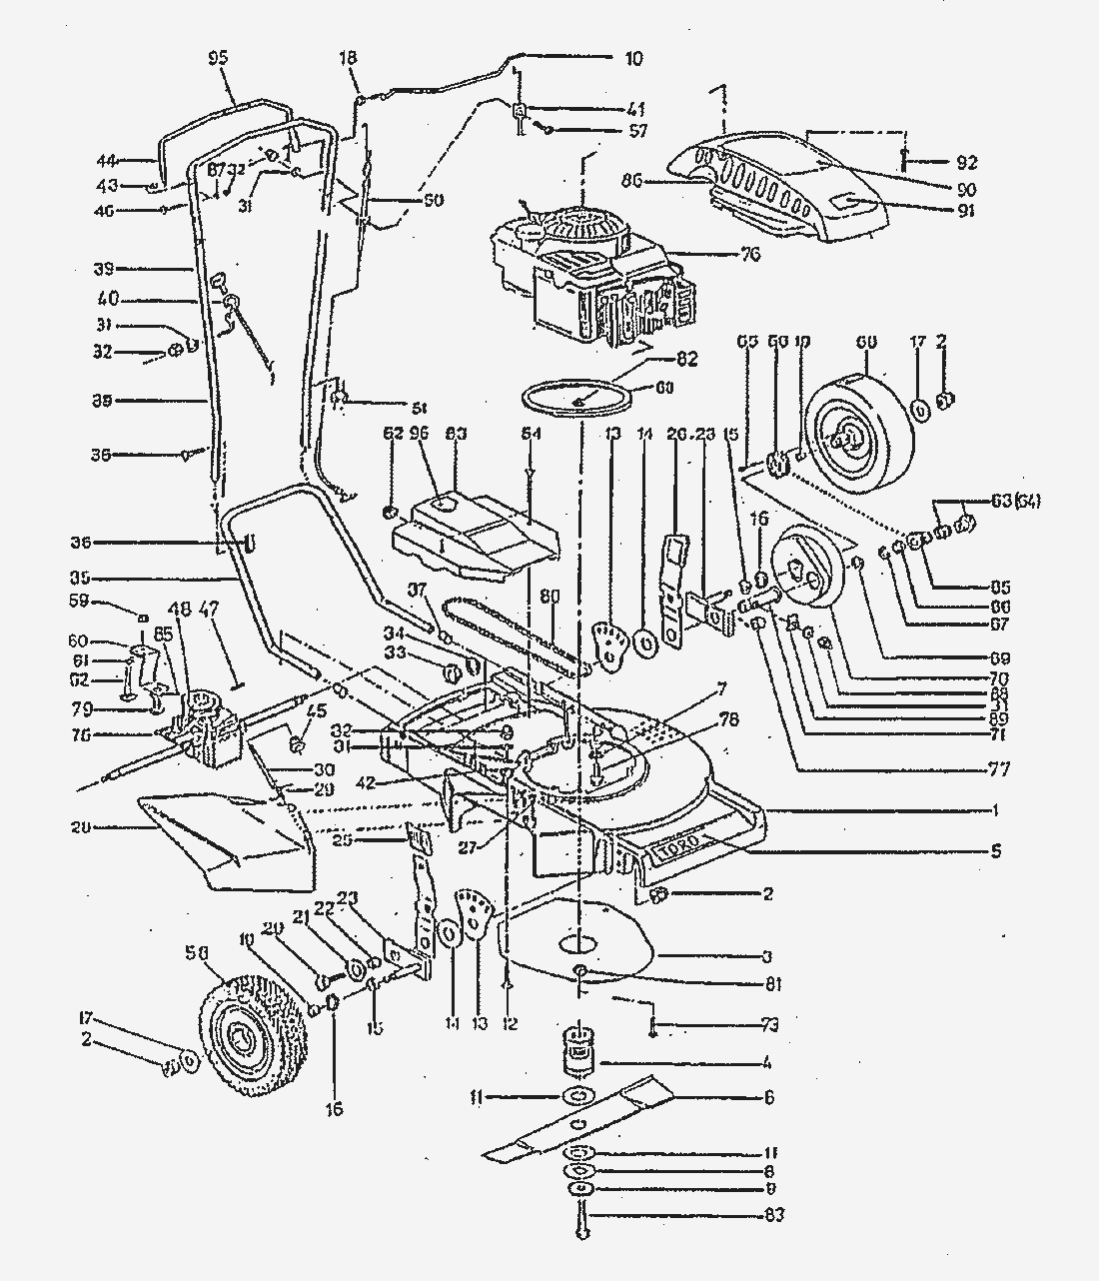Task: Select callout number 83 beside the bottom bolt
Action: tap(772, 1215)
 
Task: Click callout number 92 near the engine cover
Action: tap(966, 162)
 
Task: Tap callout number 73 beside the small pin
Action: tap(769, 1025)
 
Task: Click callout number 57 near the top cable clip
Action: tap(637, 131)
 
